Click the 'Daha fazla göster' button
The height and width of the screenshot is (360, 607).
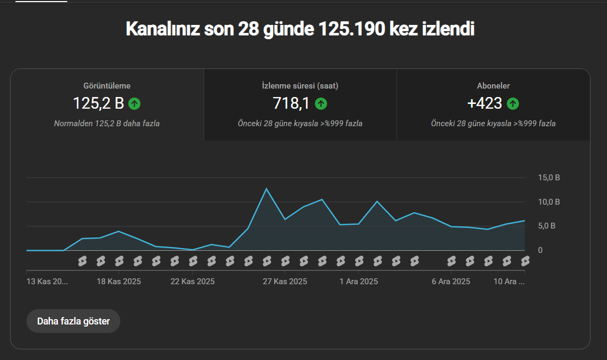pyautogui.click(x=73, y=321)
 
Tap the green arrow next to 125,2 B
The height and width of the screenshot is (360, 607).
pyautogui.click(x=134, y=104)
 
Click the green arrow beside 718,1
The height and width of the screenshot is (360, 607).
pyautogui.click(x=321, y=104)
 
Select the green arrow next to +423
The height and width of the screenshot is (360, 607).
pyautogui.click(x=513, y=104)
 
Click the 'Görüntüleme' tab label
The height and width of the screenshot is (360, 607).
pyautogui.click(x=107, y=86)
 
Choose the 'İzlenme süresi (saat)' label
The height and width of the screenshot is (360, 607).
pyautogui.click(x=300, y=86)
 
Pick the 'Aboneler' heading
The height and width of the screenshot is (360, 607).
pyautogui.click(x=493, y=86)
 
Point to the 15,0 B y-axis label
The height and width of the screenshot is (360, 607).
pyautogui.click(x=549, y=178)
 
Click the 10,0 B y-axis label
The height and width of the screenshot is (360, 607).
pyautogui.click(x=549, y=202)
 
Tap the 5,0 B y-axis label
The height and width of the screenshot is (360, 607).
pyautogui.click(x=547, y=226)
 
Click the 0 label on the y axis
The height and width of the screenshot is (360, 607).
pyautogui.click(x=540, y=250)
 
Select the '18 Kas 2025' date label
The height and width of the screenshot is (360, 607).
pyautogui.click(x=119, y=282)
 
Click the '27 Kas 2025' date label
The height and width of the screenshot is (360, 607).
pyautogui.click(x=285, y=282)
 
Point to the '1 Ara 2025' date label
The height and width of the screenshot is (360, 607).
pyautogui.click(x=359, y=282)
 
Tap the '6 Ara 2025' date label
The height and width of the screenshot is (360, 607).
pyautogui.click(x=451, y=282)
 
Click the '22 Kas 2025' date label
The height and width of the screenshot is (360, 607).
pyautogui.click(x=193, y=282)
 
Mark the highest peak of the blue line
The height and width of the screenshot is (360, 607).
pyautogui.click(x=266, y=189)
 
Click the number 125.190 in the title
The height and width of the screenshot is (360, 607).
pyautogui.click(x=352, y=29)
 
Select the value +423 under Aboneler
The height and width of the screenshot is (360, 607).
pyautogui.click(x=485, y=103)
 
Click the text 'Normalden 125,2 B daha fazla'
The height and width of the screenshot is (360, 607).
pyautogui.click(x=107, y=124)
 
